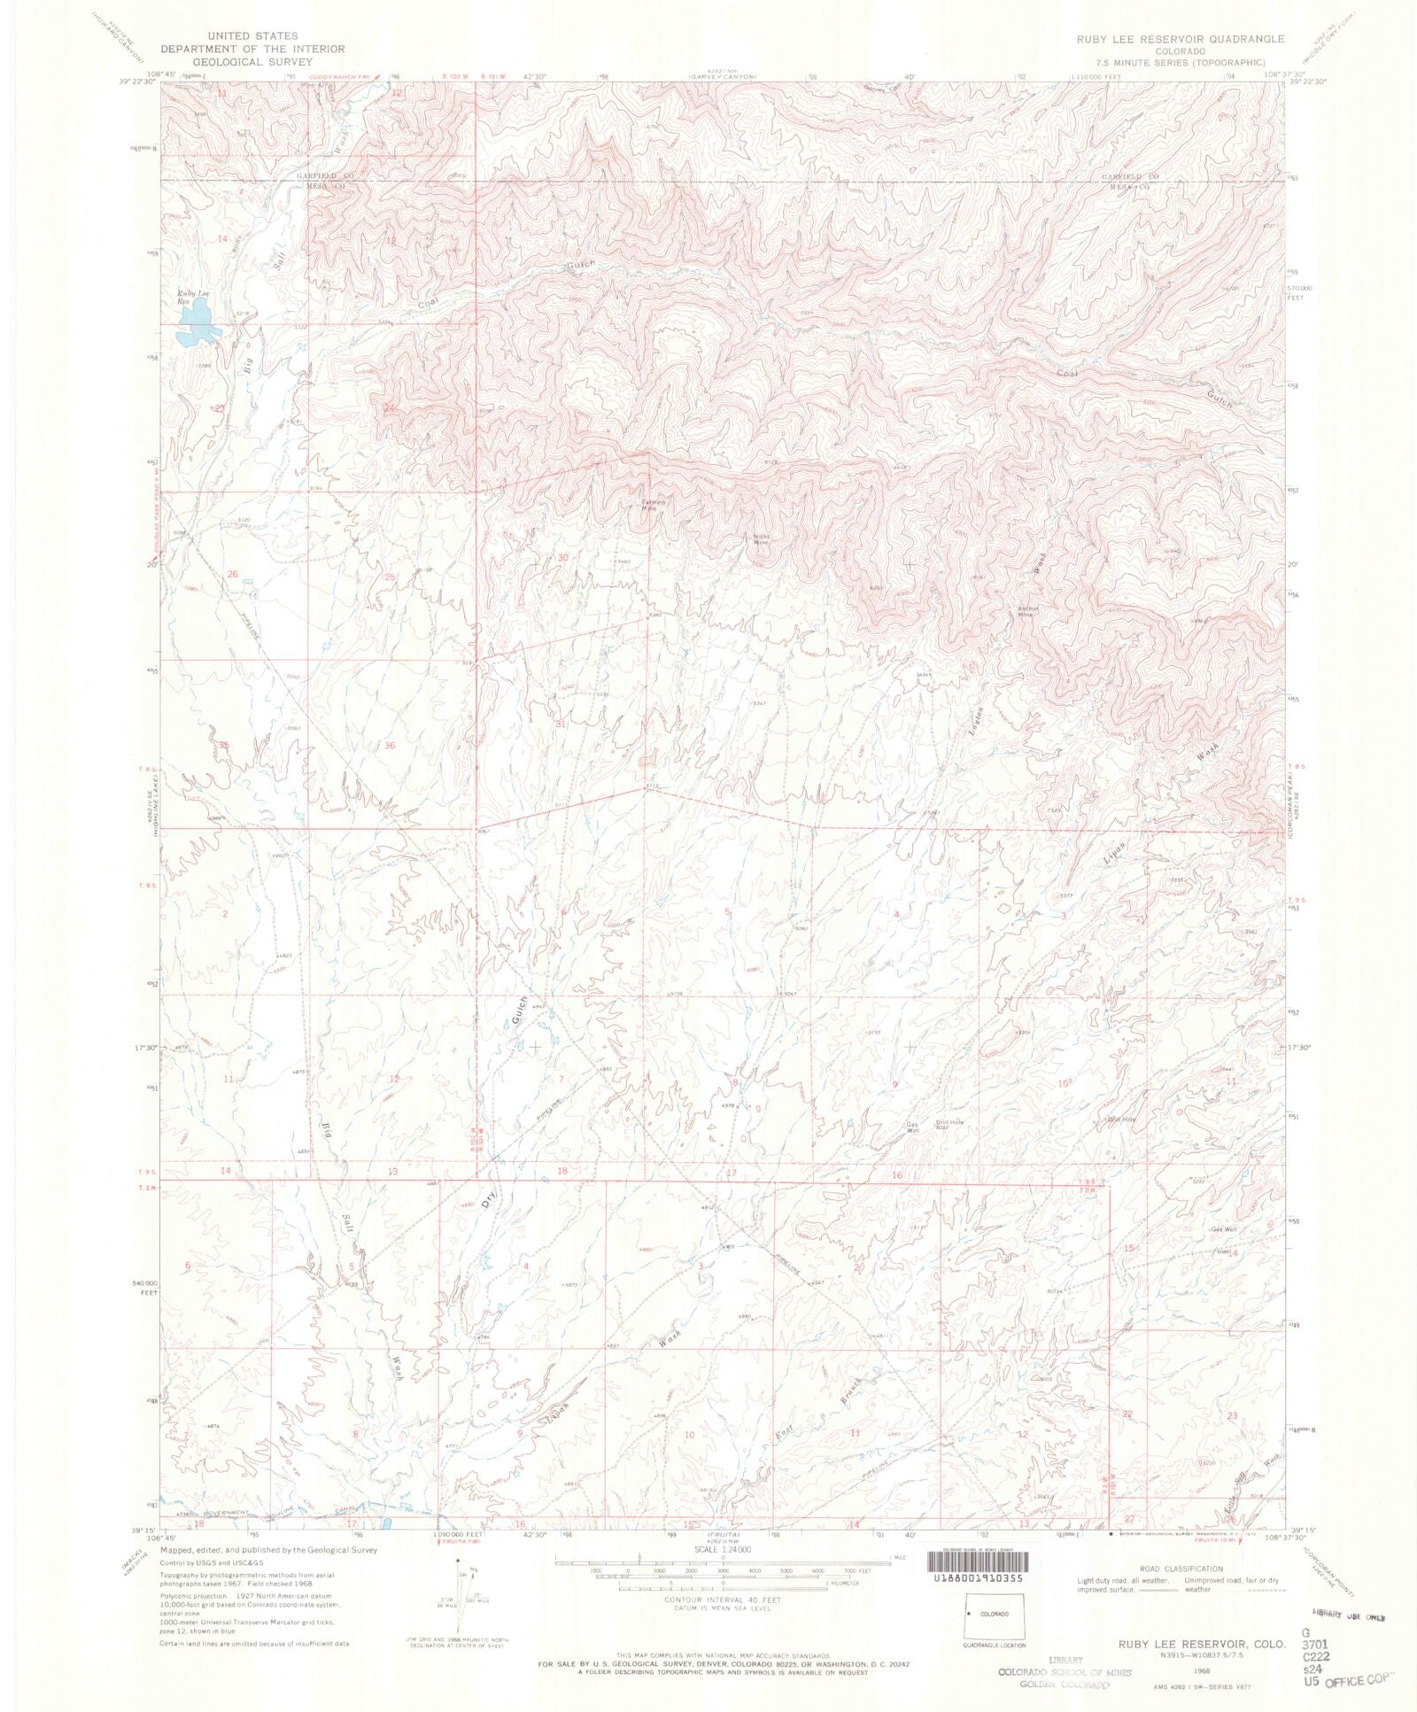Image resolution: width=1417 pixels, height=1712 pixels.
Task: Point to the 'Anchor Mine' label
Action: pyautogui.click(x=1026, y=610)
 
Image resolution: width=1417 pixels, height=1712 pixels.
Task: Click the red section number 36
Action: pyautogui.click(x=390, y=745)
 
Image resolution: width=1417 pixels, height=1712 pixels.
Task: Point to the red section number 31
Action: pyautogui.click(x=560, y=724)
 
